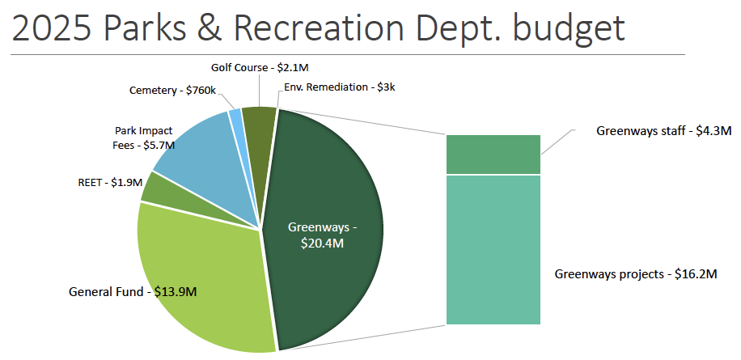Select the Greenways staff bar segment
click(x=493, y=155)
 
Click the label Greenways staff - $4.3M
click(x=663, y=130)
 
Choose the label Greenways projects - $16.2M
click(x=636, y=274)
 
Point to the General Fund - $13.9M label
click(x=133, y=290)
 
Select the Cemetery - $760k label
click(x=172, y=91)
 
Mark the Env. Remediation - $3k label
click(x=340, y=87)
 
